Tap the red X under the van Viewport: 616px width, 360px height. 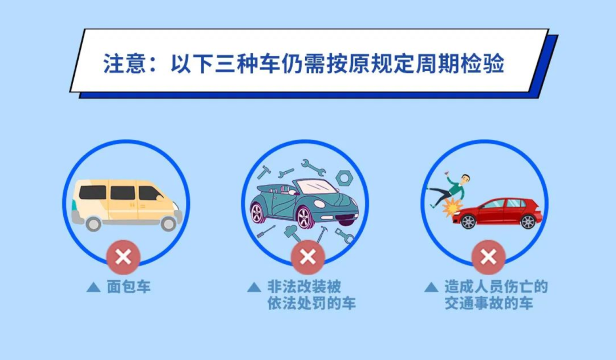[123, 257]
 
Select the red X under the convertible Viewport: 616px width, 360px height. [308, 257]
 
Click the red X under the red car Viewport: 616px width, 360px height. [488, 257]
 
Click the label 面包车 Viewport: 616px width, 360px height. [129, 287]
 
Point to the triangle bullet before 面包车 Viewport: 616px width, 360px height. [93, 287]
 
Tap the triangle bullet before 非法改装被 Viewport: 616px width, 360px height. [254, 287]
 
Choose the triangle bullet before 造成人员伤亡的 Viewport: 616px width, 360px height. [432, 287]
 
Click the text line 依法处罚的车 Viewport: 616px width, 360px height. [311, 304]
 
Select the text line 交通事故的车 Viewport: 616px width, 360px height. [489, 304]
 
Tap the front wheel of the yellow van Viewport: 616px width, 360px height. [168, 223]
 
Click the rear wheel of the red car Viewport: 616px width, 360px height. [528, 222]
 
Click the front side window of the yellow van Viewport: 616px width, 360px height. [151, 193]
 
